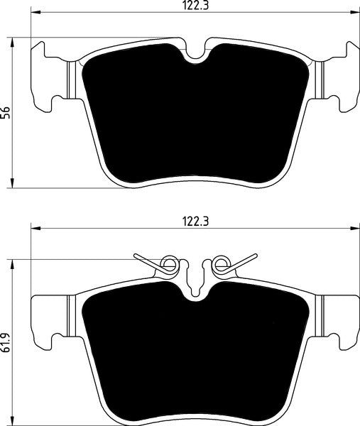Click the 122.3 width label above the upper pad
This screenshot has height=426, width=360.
194,6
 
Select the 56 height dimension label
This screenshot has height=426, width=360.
7,111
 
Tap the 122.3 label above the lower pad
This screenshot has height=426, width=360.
194,220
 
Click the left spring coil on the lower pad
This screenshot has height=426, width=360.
169,266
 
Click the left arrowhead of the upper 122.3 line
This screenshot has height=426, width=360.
35,13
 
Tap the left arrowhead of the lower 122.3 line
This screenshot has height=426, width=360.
35,228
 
